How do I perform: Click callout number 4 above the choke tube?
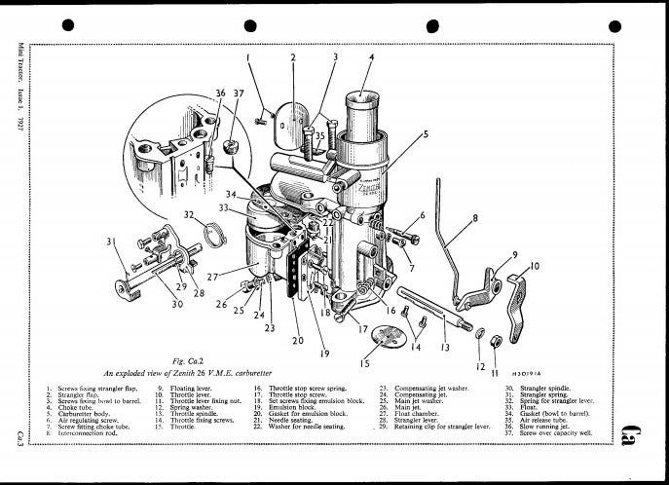pos(371,57)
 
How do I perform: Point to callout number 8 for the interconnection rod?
pos(474,219)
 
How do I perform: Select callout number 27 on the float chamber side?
pos(211,276)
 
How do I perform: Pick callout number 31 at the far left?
pos(110,242)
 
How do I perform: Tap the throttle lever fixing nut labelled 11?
pos(495,341)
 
